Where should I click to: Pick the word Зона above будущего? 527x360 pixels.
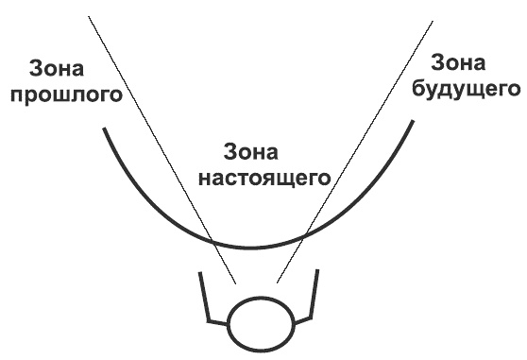461,63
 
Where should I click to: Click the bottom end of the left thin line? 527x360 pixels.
236,283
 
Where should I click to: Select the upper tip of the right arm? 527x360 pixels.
318,270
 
